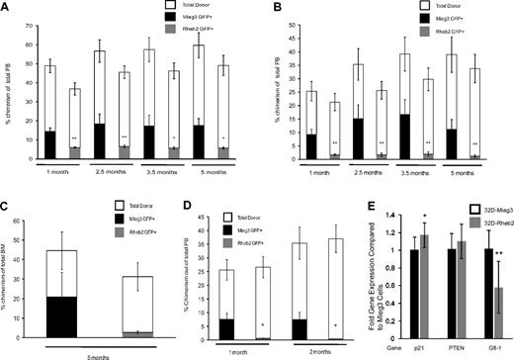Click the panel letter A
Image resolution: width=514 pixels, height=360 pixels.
(8, 8)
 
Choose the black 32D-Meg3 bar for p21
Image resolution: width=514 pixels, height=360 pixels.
(401, 292)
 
